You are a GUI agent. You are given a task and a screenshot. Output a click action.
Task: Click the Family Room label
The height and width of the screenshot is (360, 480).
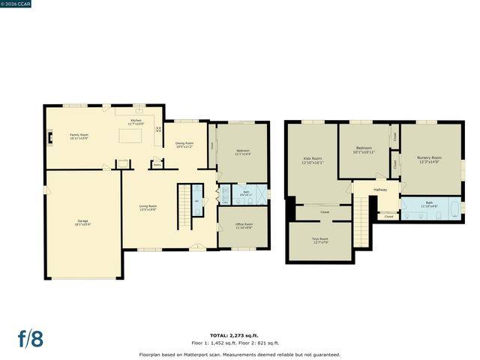click(79, 136)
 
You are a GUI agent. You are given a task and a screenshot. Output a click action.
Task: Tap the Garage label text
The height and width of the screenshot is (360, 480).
click(82, 223)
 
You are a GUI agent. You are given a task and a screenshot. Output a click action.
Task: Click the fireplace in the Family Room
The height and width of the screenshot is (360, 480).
click(49, 137)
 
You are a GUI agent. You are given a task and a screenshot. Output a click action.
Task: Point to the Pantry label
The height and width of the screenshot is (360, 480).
click(157, 163)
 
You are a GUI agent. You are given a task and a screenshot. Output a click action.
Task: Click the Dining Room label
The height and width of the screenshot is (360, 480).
click(184, 145)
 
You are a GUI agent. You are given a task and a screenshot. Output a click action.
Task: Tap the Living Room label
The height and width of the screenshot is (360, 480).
click(148, 208)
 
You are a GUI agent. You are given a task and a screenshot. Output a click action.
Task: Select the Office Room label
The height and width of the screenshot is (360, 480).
click(244, 226)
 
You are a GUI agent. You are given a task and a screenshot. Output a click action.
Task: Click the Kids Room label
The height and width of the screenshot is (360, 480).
click(312, 160)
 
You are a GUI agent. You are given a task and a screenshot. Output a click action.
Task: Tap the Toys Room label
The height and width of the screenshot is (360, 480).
click(320, 241)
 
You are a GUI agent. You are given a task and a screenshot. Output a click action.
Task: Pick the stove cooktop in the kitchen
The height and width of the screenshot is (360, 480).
click(158, 129)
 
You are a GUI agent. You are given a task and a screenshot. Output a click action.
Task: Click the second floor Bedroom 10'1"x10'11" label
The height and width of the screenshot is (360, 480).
click(364, 150)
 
